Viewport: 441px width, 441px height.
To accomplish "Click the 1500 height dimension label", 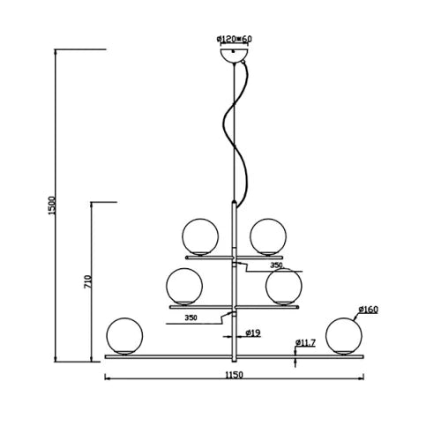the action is pos(51,206).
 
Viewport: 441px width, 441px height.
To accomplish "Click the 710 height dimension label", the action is pos(88,281).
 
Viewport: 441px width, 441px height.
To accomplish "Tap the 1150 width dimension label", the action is pos(235,375).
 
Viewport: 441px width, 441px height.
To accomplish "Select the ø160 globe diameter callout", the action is pos(369,310).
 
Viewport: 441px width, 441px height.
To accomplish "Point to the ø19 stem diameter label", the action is pos(253,333).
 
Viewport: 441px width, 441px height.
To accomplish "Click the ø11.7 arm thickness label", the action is pos(305,342).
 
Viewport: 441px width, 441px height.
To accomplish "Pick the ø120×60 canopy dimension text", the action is pos(235,39).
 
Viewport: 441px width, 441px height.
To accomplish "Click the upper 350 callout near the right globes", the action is pos(276,265).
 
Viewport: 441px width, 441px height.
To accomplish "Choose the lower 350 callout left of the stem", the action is pos(191,318).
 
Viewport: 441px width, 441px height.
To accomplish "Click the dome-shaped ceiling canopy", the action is pos(234,56).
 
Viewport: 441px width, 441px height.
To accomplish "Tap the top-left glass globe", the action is pos(200,236).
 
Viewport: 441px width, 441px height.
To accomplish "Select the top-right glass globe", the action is pos(268,236).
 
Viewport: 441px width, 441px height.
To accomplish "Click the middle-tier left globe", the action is pos(184,287).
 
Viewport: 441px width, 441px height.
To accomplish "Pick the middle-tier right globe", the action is pos(284,287).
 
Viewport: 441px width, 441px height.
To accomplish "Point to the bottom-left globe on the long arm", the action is pos(124,336).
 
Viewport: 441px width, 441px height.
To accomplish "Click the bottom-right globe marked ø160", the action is pos(344,336).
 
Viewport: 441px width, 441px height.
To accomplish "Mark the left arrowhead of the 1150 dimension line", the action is pos(107,378).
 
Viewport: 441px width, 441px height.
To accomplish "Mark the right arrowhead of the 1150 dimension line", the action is pos(363,378).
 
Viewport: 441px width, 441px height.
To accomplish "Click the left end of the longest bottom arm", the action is pos(105,357).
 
